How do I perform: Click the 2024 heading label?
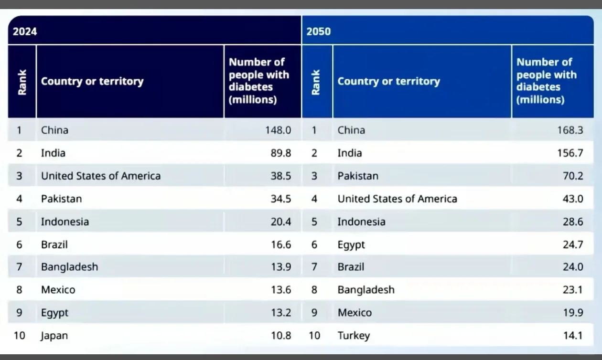click(25, 32)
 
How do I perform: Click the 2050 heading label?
click(319, 32)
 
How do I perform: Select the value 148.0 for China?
click(278, 130)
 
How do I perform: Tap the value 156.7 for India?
click(570, 153)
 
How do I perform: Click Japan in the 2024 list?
click(54, 336)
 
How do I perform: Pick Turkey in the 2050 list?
click(354, 336)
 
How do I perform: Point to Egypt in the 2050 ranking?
click(351, 245)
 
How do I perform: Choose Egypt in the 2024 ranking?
click(54, 313)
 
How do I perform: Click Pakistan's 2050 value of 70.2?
click(573, 176)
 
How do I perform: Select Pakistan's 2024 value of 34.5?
click(281, 199)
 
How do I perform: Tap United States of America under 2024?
click(101, 176)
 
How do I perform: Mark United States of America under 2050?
click(397, 199)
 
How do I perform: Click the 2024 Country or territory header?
click(92, 81)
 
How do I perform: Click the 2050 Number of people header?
click(546, 81)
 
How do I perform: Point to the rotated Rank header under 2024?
click(22, 82)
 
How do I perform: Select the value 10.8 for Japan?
click(281, 336)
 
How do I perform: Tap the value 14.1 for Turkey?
click(573, 336)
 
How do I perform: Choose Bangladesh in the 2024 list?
click(69, 267)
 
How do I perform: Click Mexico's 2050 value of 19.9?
click(573, 313)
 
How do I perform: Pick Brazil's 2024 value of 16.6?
click(281, 245)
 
